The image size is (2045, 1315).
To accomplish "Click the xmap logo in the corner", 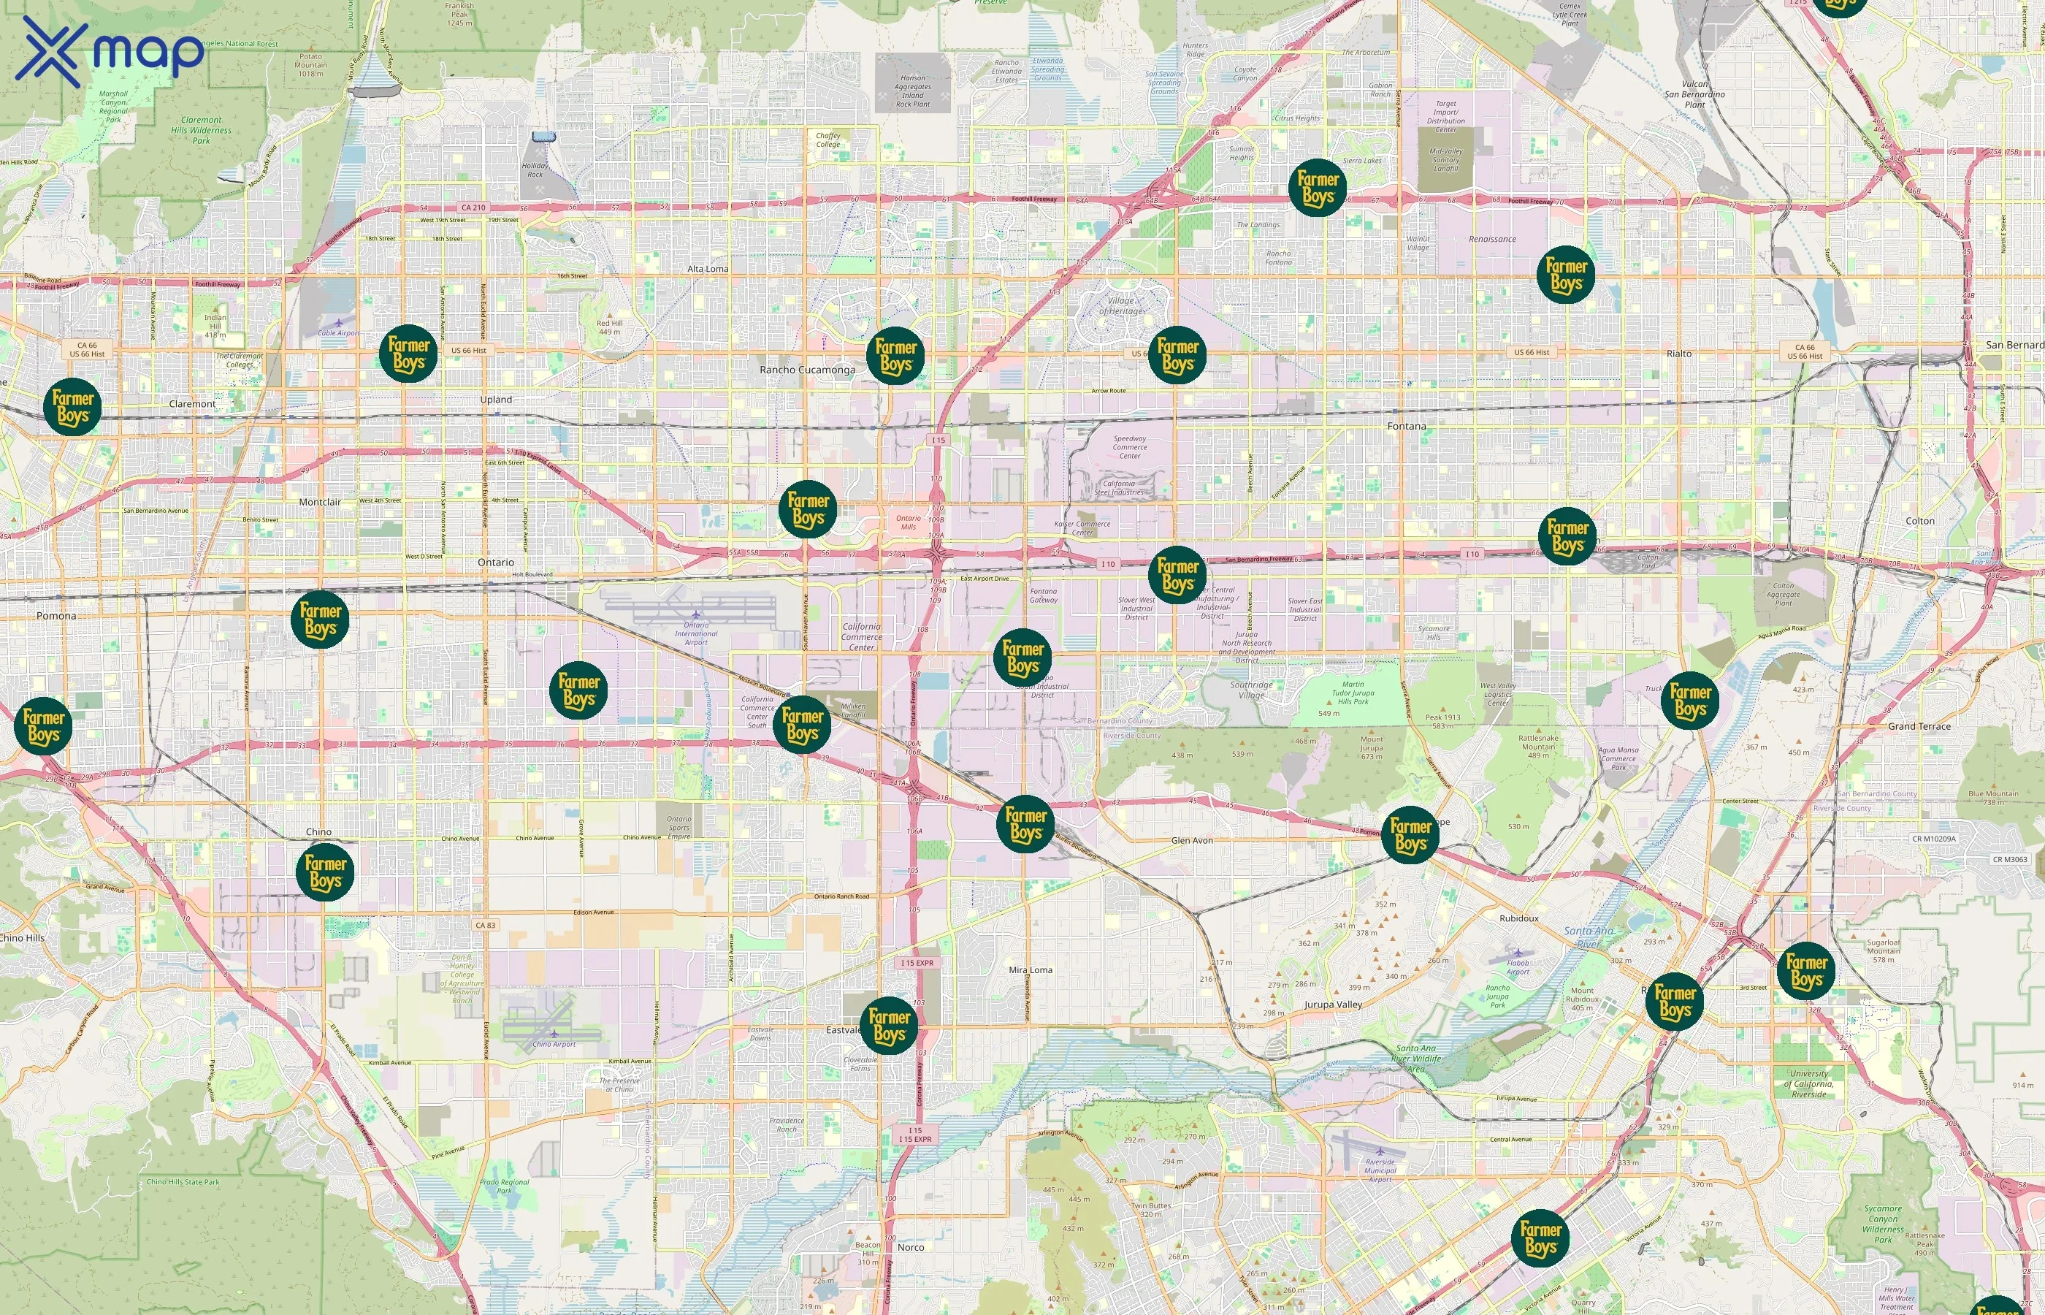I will pos(110,51).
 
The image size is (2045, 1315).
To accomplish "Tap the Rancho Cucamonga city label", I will pos(806,370).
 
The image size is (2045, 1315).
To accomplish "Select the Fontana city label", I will pos(1406,426).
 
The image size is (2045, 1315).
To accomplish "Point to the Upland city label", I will pos(496,400).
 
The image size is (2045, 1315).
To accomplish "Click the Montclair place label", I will pos(319,502).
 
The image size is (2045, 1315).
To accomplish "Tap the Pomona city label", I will pos(56,616).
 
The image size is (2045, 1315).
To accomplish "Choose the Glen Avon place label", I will pos(1191,840).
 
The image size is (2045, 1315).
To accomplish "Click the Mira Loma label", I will pos(1031,970).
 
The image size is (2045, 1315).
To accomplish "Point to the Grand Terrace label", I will pos(1919,727).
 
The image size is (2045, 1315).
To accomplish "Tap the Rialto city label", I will pos(1678,354).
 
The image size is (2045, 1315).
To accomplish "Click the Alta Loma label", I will pos(708,269).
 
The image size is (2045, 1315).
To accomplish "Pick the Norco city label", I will pos(910,1248).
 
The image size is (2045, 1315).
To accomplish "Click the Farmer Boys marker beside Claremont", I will pos(72,408).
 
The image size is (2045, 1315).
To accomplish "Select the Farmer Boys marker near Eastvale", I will pos(889,1026).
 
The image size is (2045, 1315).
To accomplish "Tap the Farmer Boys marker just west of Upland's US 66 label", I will pos(408,354).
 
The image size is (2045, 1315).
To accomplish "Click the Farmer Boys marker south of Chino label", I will pos(325,872).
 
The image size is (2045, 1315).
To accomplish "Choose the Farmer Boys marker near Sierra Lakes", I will pos(1317,188).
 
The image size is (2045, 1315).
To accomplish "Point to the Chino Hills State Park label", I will pos(183,1183).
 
